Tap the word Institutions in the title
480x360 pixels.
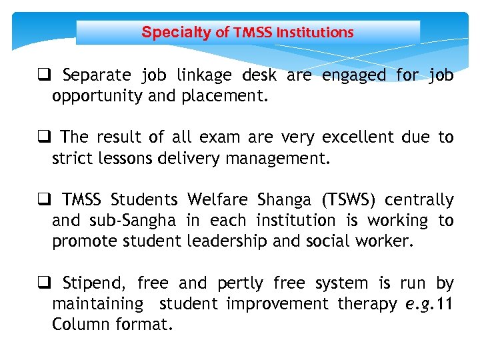[315, 32]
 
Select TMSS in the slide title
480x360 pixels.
[253, 32]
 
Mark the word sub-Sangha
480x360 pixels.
[139, 220]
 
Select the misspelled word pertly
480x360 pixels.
[239, 284]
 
